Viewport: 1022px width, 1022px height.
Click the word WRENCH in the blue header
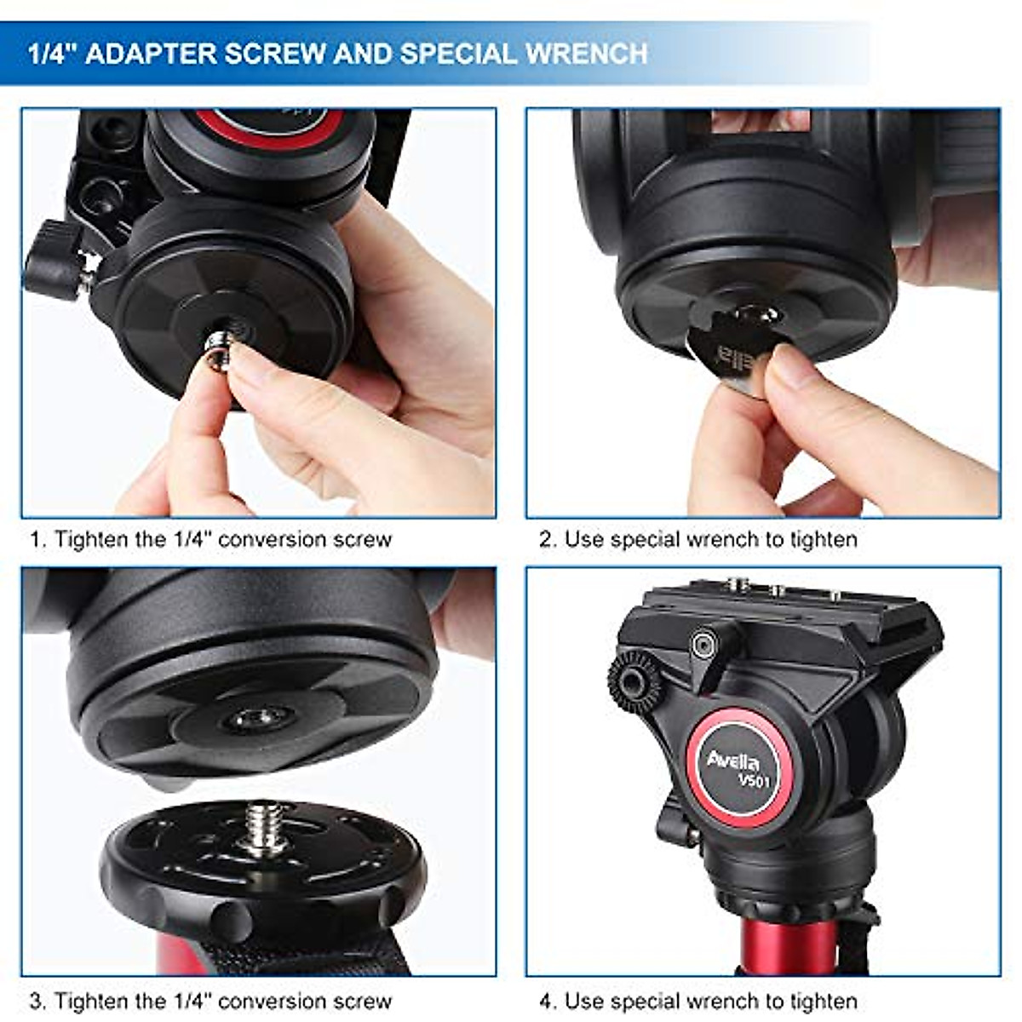587,54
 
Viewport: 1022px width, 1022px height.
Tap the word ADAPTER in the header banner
150,54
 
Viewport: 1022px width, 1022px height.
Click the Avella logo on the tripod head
732,759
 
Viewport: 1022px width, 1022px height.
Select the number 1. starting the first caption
37,540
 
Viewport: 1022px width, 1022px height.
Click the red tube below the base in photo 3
179,954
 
